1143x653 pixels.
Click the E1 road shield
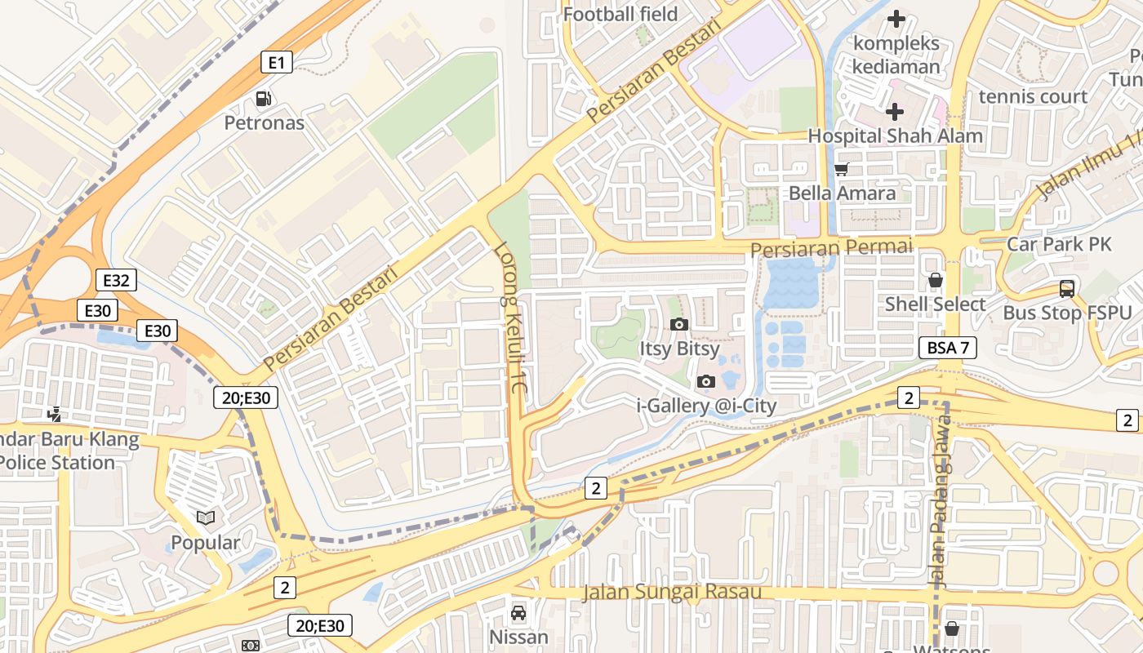click(x=277, y=62)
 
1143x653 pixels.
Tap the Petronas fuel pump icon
click(x=263, y=99)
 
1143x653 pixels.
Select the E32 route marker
click(x=115, y=281)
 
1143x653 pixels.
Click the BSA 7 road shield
click(x=948, y=348)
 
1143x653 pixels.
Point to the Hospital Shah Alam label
click(x=895, y=135)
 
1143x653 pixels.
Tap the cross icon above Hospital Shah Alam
click(x=895, y=111)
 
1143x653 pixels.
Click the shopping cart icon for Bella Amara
click(x=841, y=169)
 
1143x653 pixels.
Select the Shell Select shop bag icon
click(x=936, y=280)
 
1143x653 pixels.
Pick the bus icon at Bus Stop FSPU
click(x=1066, y=288)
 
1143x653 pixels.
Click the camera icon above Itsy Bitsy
click(x=678, y=324)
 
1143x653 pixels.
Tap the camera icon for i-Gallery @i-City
click(x=706, y=381)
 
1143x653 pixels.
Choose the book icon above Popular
click(x=206, y=518)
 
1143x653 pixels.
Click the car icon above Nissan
click(x=518, y=612)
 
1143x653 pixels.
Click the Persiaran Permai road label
click(x=831, y=247)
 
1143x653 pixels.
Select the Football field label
click(x=620, y=14)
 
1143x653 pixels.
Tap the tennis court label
click(x=1033, y=96)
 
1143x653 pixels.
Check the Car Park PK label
click(x=1059, y=243)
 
